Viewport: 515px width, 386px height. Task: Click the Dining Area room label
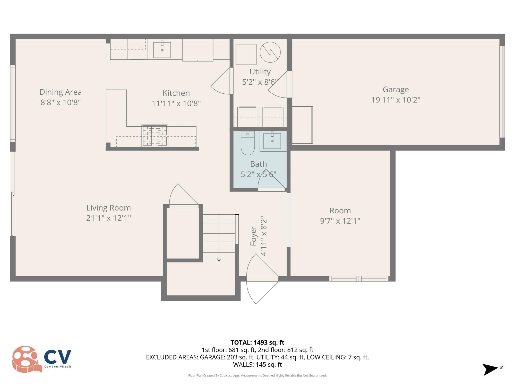pyautogui.click(x=61, y=92)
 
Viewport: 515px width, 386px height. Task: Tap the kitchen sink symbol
pyautogui.click(x=162, y=50)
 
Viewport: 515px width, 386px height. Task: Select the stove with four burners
pyautogui.click(x=155, y=136)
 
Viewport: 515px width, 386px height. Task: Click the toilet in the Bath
pyautogui.click(x=248, y=144)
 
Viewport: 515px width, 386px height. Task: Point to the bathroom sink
pyautogui.click(x=272, y=141)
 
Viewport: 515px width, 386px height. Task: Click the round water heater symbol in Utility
pyautogui.click(x=270, y=52)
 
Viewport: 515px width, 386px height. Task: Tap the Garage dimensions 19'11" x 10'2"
pyautogui.click(x=396, y=100)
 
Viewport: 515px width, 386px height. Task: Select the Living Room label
pyautogui.click(x=108, y=208)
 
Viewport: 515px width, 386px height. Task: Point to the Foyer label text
pyautogui.click(x=253, y=236)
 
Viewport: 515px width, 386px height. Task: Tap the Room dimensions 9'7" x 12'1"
pyautogui.click(x=340, y=221)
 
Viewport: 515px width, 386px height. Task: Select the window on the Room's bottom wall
pyautogui.click(x=359, y=278)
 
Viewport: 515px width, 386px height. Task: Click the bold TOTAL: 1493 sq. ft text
pyautogui.click(x=257, y=343)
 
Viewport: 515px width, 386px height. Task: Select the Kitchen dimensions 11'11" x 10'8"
pyautogui.click(x=176, y=103)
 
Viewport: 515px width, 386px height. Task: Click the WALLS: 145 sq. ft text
pyautogui.click(x=257, y=365)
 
